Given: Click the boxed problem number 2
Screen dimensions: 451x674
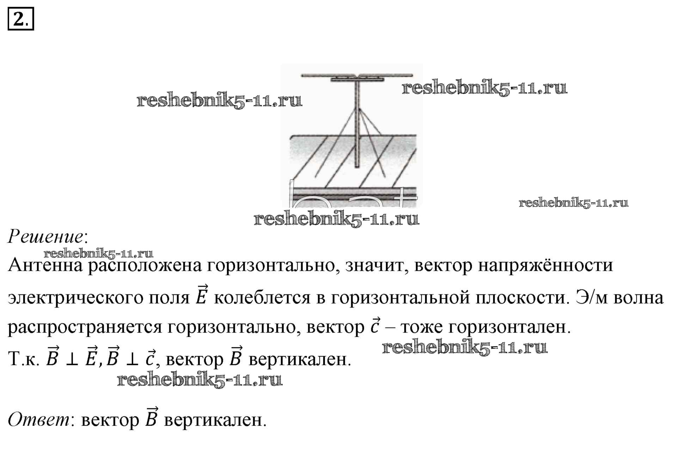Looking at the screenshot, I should pos(20,19).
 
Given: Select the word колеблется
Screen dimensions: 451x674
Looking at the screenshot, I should pos(262,298).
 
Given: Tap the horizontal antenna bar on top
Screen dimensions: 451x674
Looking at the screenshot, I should pos(357,75).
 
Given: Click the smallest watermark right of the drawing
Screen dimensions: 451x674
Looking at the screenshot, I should pos(574,203).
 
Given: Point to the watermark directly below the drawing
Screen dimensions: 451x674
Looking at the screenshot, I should pos(336,219).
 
